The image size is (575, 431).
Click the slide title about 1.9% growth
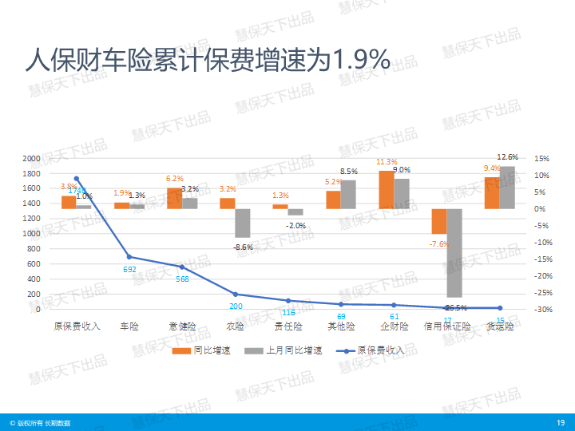click(207, 59)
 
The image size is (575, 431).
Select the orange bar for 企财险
click(387, 190)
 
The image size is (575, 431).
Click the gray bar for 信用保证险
click(454, 252)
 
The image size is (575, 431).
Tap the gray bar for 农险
click(243, 223)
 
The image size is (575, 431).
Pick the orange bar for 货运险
click(492, 193)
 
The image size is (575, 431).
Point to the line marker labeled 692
click(129, 257)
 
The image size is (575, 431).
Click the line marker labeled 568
click(182, 267)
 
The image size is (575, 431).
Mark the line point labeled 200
click(236, 295)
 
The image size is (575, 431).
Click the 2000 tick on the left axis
click(31, 158)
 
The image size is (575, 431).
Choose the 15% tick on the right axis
click(541, 158)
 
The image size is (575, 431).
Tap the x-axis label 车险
click(129, 326)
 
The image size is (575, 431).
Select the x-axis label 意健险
click(182, 326)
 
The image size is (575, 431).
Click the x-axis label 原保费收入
click(77, 326)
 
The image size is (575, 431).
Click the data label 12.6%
click(508, 156)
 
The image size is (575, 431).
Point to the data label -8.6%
click(243, 247)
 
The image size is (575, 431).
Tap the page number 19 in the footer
click(560, 422)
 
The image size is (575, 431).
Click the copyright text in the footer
click(40, 422)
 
